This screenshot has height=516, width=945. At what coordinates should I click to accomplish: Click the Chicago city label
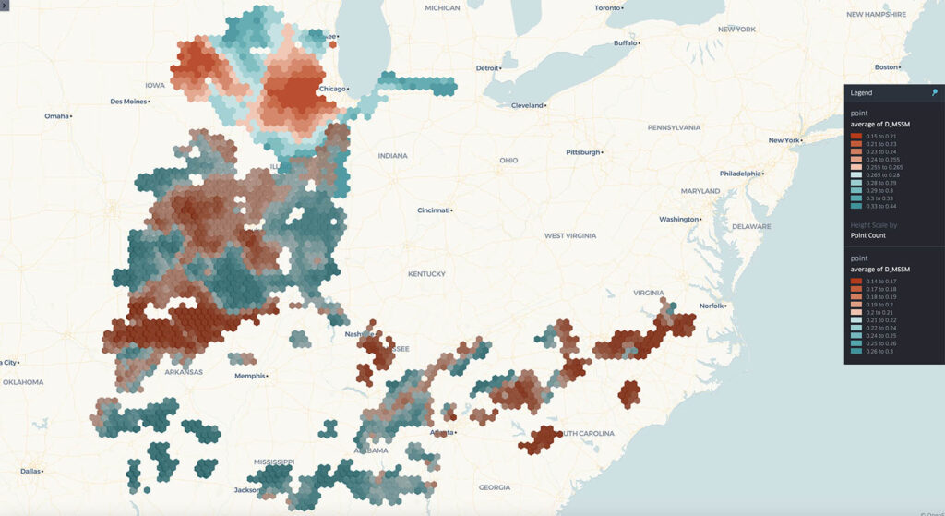332,89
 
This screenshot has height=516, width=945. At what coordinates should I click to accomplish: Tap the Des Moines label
128,102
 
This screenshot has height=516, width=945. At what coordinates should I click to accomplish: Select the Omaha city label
56,116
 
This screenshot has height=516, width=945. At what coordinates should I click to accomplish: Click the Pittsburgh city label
583,152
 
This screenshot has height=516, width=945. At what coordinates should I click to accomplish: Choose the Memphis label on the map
249,376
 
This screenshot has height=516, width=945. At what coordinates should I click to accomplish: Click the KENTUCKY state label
426,274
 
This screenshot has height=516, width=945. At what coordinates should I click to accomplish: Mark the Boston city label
886,67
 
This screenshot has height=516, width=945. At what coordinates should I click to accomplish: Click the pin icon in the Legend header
934,92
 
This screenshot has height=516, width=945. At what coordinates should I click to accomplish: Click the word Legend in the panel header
861,93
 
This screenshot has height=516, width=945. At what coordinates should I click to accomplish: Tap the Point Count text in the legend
867,235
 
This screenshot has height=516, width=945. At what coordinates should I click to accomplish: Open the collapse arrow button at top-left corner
4,5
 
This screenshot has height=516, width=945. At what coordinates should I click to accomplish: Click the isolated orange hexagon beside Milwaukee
332,42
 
